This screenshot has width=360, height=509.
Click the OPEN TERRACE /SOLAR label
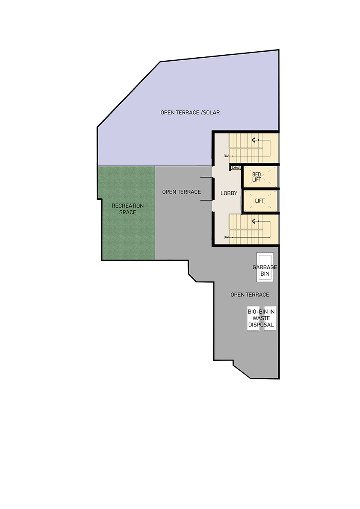click(190, 112)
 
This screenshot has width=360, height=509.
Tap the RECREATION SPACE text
click(127, 209)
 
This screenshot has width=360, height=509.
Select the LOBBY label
click(229, 193)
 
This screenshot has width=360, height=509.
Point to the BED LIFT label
click(257, 177)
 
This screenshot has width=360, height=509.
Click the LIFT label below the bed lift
click(260, 201)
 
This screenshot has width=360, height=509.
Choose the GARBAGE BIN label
click(265, 271)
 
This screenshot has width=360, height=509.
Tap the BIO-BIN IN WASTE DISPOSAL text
click(261, 318)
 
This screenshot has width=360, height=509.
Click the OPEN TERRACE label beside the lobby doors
click(181, 192)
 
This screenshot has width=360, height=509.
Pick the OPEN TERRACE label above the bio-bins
click(250, 294)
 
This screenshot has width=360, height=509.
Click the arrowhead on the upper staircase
click(254, 140)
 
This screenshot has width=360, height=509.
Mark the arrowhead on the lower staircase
click(254, 221)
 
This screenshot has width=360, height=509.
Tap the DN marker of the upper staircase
click(226, 156)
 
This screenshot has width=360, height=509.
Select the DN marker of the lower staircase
click(226, 237)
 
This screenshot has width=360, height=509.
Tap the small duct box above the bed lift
click(236, 168)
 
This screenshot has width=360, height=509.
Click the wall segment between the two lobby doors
click(213, 189)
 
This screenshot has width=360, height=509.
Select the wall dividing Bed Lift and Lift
click(260, 189)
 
